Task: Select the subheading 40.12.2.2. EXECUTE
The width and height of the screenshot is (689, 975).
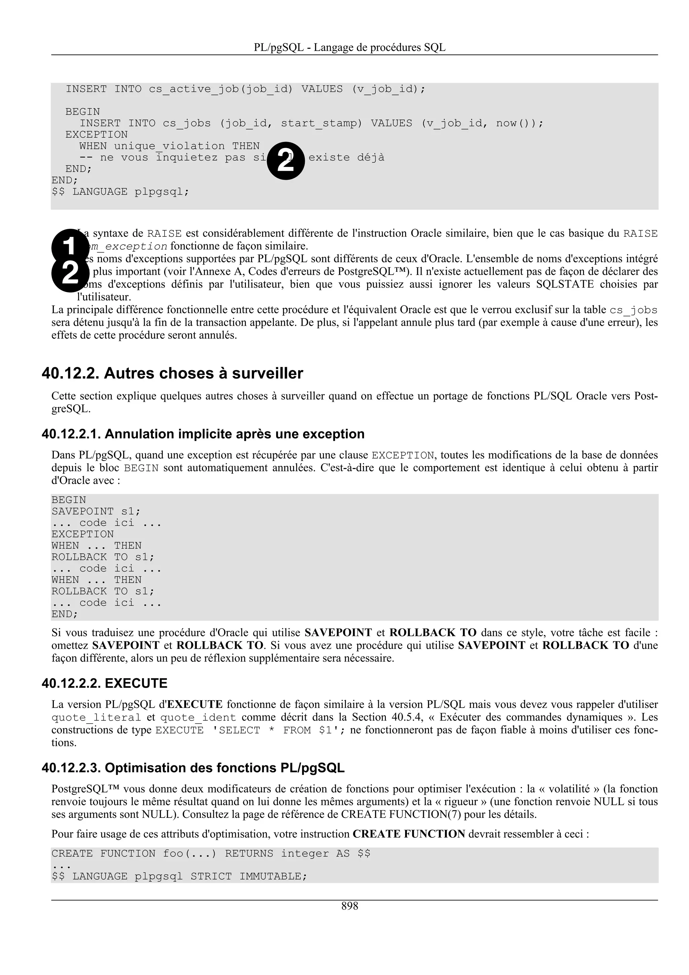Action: coord(104,683)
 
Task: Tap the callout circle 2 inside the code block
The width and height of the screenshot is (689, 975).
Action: coord(286,161)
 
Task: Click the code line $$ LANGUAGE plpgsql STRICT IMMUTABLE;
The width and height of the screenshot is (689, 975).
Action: coord(179,876)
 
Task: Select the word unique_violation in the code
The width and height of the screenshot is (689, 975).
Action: coord(169,146)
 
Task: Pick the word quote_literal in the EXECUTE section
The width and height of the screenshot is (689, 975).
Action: coord(96,718)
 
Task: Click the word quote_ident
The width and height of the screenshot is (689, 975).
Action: coord(198,718)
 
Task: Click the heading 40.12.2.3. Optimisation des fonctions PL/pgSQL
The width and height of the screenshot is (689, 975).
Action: coord(193,768)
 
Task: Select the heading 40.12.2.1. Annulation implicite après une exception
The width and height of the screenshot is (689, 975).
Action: coord(203,434)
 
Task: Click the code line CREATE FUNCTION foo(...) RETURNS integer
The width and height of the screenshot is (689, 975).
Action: coord(211,854)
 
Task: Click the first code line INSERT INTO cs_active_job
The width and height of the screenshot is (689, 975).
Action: coord(245,89)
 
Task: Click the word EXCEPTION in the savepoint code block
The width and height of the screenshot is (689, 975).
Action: coord(83,534)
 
